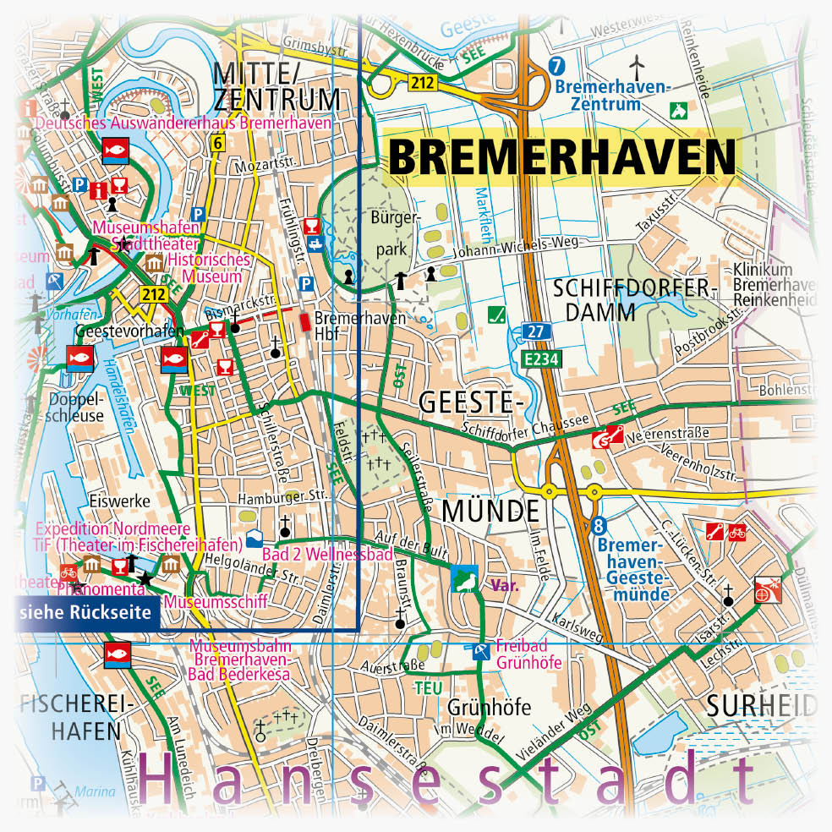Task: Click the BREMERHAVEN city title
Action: tap(561, 157)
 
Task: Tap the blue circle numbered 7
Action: tap(556, 66)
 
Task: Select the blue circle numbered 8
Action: tap(599, 526)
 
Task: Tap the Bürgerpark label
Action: tap(395, 233)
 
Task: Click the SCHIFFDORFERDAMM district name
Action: tap(634, 299)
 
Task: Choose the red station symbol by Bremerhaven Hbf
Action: tap(304, 322)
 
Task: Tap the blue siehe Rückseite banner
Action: tap(87, 612)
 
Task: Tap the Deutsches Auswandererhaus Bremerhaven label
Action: tap(183, 123)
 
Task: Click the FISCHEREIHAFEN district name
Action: tap(70, 717)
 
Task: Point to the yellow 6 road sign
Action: tap(218, 144)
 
